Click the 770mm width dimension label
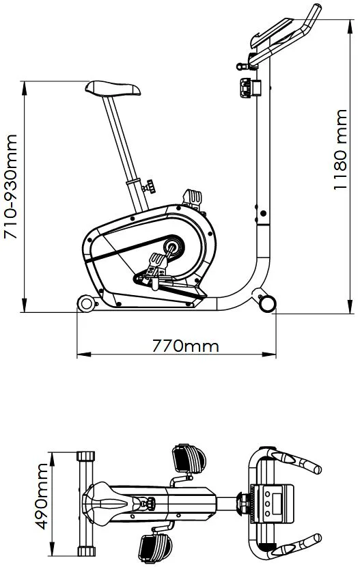185,346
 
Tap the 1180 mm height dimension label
340,150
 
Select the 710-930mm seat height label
10,186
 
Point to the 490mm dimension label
42,497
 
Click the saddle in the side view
113,88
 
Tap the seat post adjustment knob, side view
150,186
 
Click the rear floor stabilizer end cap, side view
86,303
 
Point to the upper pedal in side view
193,199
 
